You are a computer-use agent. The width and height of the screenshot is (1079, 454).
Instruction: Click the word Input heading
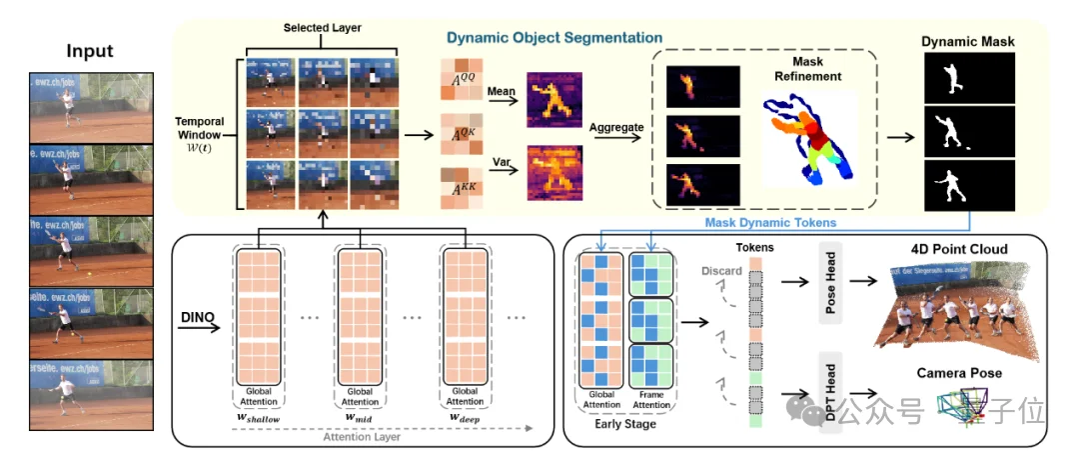click(x=90, y=51)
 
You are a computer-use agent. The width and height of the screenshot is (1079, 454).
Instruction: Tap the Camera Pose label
click(x=959, y=373)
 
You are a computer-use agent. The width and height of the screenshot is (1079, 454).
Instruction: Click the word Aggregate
click(x=616, y=129)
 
